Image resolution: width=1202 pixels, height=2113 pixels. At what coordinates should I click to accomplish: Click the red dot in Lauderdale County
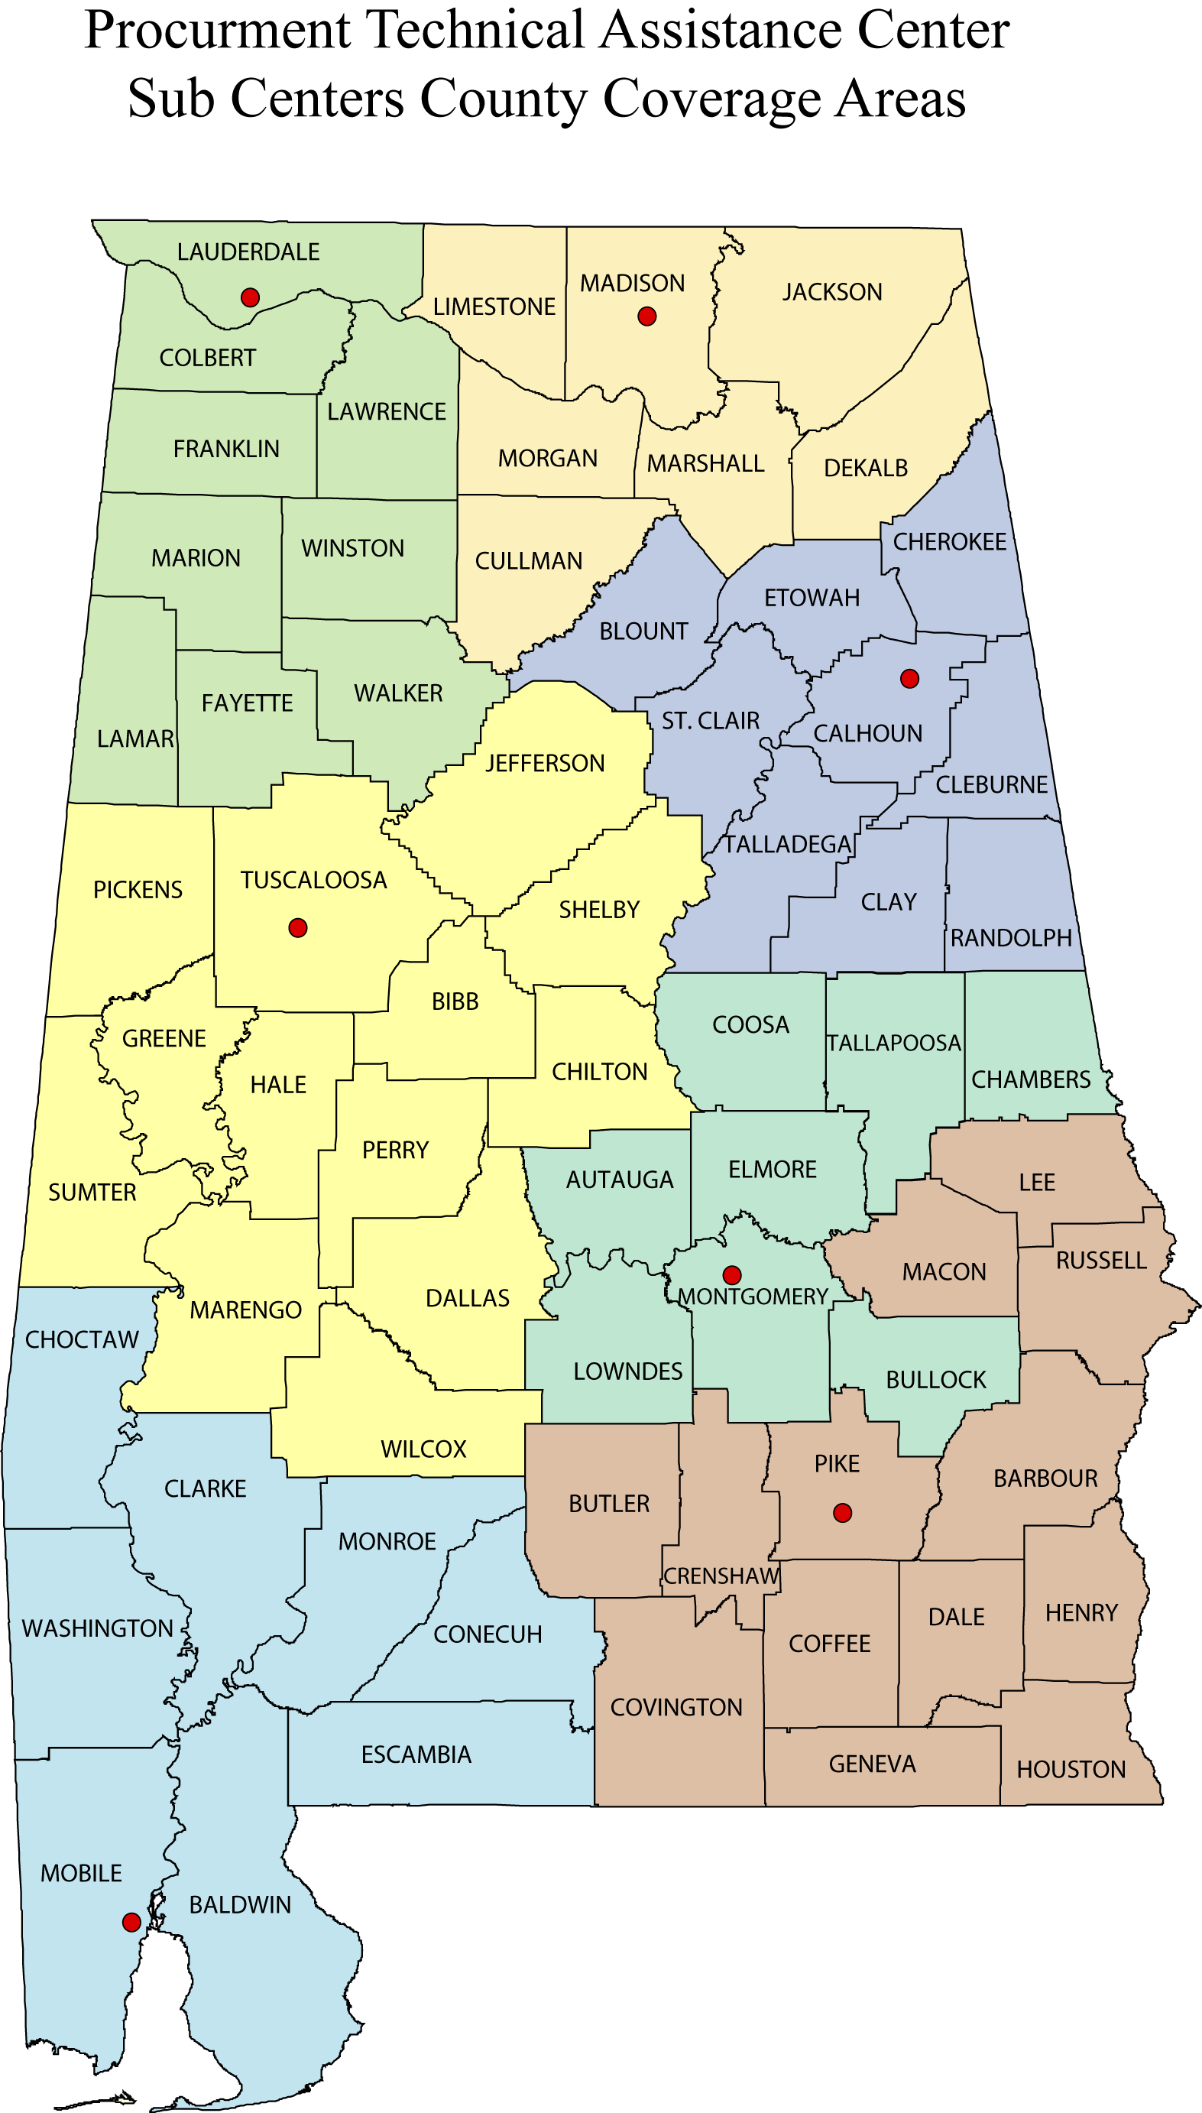point(250,297)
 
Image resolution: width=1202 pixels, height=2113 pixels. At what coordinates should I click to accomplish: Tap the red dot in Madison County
point(647,316)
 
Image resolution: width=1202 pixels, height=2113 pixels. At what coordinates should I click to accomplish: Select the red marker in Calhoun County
point(910,679)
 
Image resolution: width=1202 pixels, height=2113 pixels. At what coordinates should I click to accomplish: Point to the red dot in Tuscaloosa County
point(298,928)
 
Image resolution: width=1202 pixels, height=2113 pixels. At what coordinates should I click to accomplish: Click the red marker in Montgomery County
point(731,1275)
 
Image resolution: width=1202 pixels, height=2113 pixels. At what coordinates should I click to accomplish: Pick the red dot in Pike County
point(842,1513)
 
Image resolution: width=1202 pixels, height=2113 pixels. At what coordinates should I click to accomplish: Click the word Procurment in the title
point(218,31)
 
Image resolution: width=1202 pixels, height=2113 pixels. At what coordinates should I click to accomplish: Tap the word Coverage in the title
point(711,101)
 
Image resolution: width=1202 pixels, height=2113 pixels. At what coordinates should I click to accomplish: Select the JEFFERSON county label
point(545,763)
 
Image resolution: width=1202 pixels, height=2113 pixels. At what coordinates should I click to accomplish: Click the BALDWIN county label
point(240,1905)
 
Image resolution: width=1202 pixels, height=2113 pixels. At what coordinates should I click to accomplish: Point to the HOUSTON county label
point(1071,1770)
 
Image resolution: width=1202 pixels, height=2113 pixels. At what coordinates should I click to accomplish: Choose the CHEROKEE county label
point(949,542)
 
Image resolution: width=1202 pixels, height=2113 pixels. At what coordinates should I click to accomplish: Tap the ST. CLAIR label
point(710,721)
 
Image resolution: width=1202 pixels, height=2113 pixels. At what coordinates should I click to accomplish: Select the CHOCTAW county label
point(82,1339)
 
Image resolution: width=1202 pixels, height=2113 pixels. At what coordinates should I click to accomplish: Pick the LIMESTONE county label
point(494,307)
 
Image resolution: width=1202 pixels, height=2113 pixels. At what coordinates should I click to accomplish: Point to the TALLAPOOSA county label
point(894,1043)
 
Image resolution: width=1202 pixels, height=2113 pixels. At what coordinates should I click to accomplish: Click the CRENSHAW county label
point(721,1576)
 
